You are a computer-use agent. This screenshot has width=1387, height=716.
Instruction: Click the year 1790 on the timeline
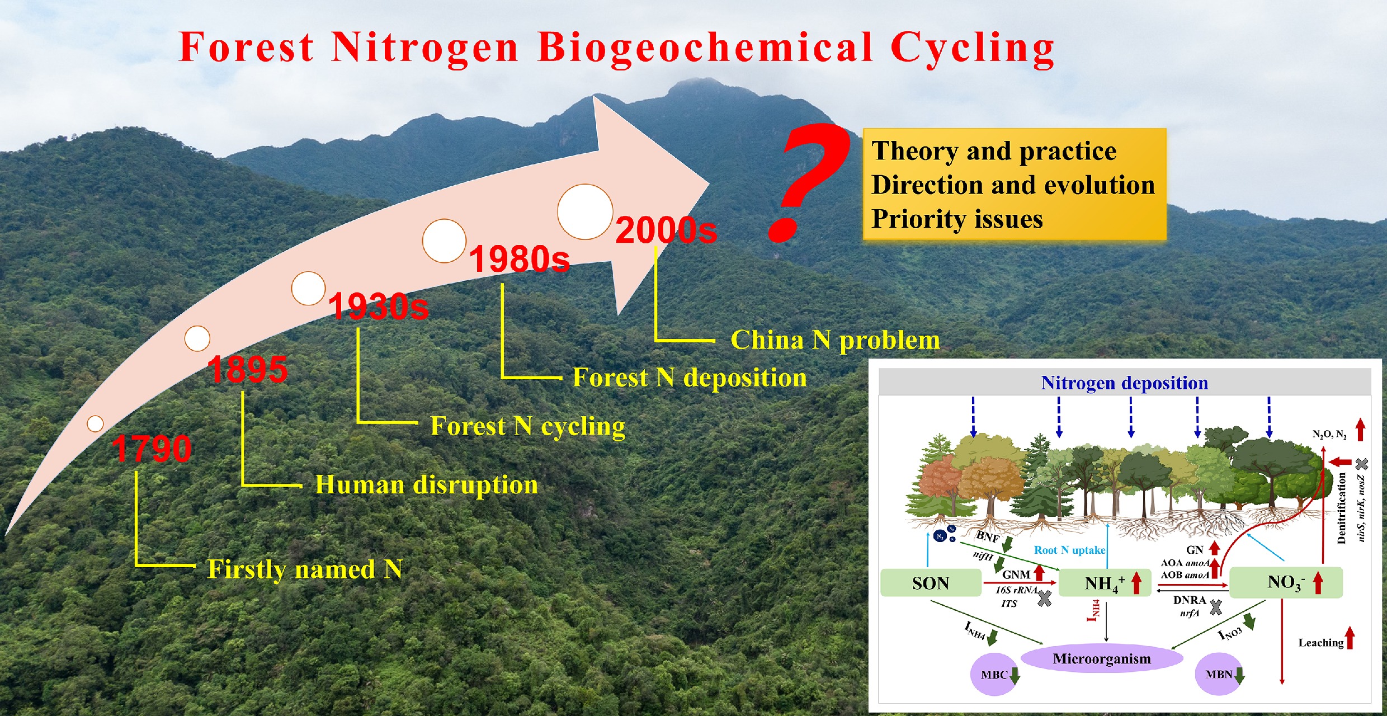tap(152, 449)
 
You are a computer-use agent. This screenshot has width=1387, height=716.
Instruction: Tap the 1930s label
tap(379, 307)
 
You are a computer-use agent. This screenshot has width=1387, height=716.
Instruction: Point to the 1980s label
tap(519, 259)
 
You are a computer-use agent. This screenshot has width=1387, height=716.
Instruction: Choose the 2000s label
tap(666, 230)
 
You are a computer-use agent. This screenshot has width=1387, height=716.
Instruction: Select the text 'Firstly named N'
tap(305, 569)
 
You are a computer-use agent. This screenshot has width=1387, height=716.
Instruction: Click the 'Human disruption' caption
tap(426, 484)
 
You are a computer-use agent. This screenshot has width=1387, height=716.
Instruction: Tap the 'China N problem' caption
tap(835, 340)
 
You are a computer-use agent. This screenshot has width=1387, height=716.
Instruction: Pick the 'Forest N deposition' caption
tap(690, 378)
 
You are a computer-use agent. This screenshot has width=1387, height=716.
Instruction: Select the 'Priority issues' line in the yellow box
tap(957, 219)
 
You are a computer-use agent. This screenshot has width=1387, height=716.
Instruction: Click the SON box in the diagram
tap(931, 583)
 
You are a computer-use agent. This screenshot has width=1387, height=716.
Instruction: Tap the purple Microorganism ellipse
tap(1102, 658)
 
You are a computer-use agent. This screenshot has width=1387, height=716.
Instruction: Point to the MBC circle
tap(994, 675)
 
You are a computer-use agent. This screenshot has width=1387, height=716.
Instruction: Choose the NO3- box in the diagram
tap(1286, 583)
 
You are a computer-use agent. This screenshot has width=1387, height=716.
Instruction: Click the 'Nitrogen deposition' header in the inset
tap(1124, 383)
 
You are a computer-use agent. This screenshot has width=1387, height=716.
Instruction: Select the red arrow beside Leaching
tap(1350, 638)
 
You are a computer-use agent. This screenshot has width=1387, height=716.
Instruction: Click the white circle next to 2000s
tap(585, 211)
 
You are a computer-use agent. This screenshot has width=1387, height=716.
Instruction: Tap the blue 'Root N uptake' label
tap(1069, 550)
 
